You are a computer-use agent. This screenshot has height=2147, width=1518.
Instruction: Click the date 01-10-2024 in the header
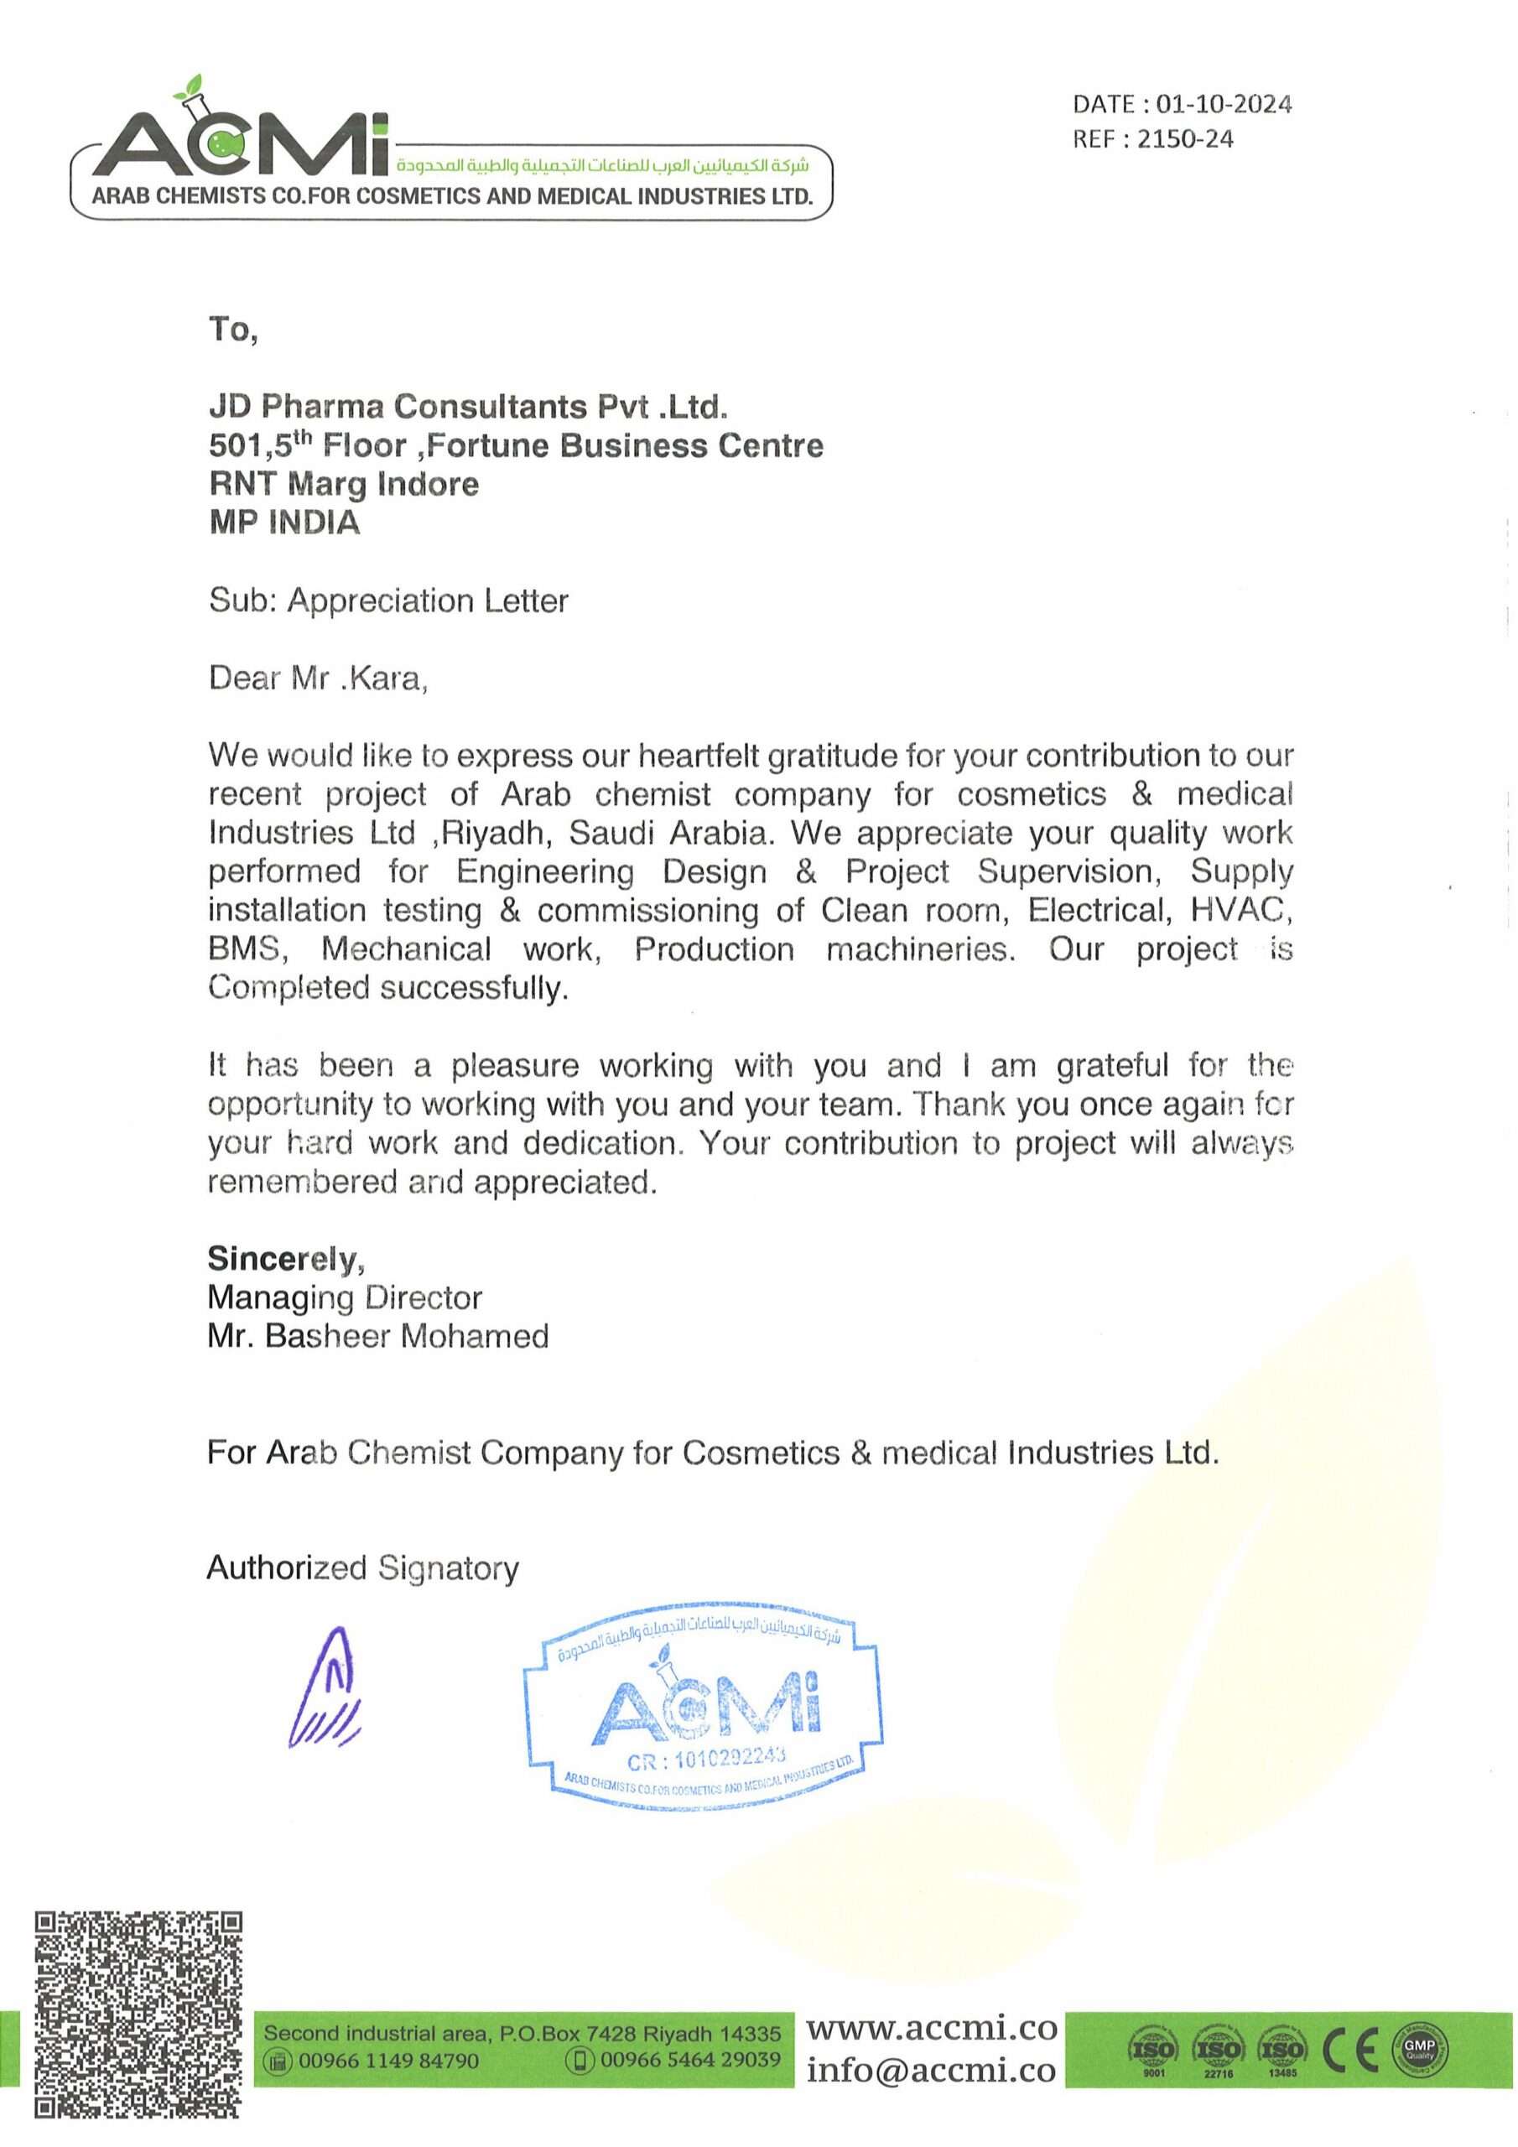tap(1224, 104)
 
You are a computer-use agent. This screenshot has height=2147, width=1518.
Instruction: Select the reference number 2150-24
tap(1185, 139)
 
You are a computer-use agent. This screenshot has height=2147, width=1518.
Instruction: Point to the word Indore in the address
tap(428, 485)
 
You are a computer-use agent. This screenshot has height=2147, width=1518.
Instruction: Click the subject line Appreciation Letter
tap(428, 600)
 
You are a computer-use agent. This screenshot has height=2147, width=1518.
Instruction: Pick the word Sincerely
tap(285, 1259)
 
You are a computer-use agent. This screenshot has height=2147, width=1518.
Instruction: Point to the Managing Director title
tap(344, 1298)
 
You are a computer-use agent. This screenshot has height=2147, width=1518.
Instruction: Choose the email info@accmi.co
tap(932, 2071)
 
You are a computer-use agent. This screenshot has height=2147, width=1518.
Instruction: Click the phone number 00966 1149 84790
tap(388, 2060)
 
